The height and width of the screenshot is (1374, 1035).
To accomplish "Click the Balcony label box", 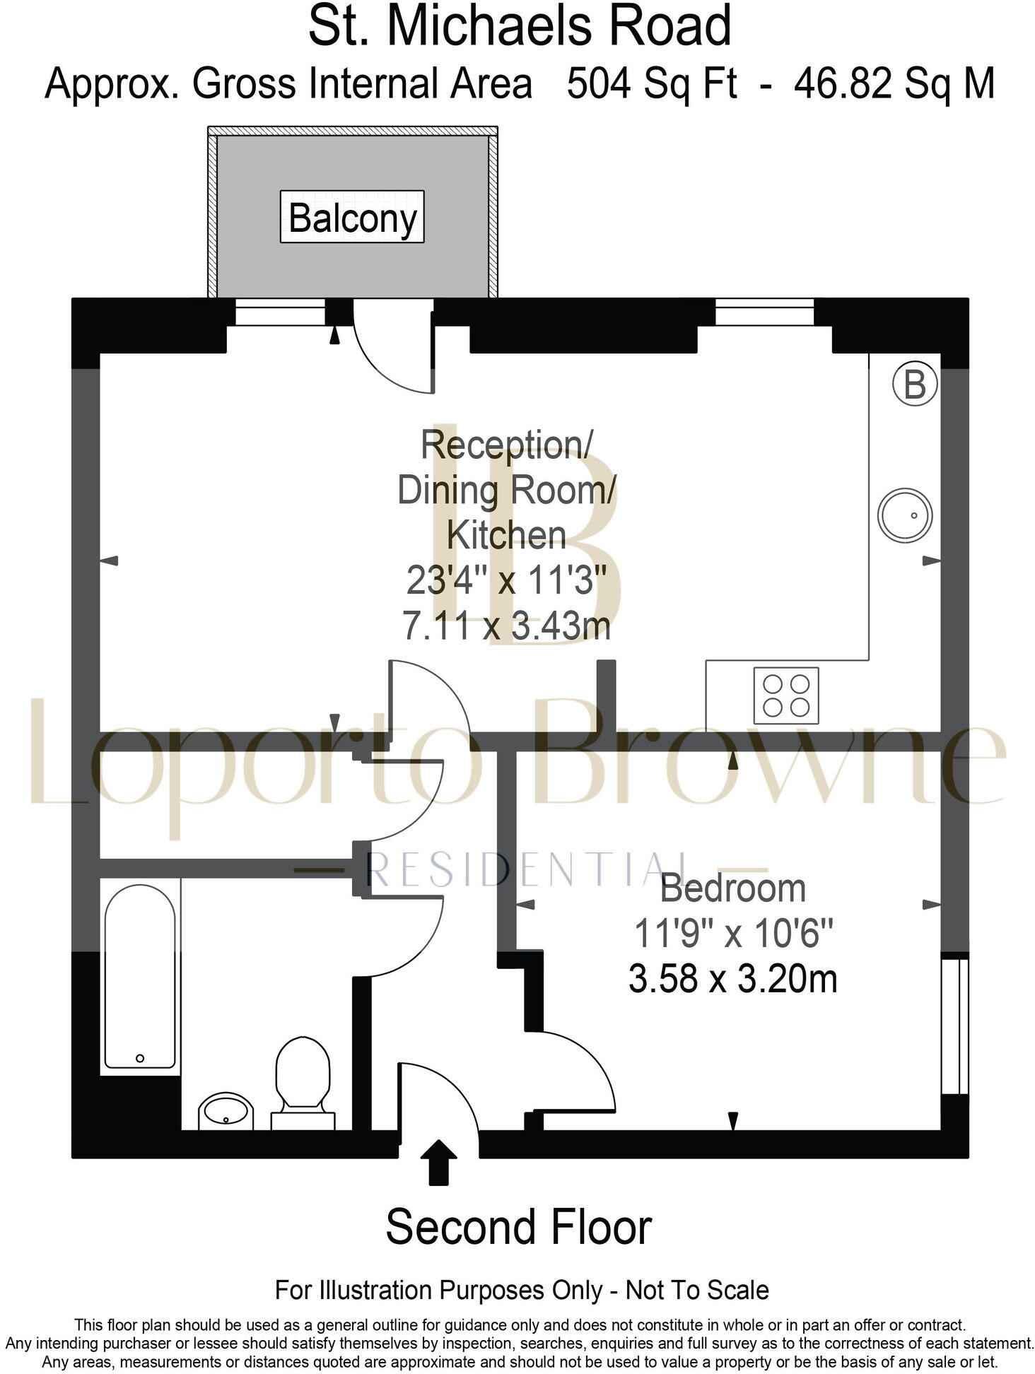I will (x=351, y=217).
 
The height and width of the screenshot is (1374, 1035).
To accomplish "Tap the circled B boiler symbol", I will (x=914, y=385).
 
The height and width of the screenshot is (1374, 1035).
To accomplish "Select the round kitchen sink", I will (x=904, y=515).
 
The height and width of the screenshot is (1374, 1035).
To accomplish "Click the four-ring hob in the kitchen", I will (x=785, y=695).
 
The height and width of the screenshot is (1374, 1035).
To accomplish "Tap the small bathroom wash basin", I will (x=225, y=1112).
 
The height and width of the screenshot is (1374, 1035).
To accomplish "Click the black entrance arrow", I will (x=439, y=1161).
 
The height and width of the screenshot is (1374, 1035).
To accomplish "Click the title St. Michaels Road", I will (x=520, y=26).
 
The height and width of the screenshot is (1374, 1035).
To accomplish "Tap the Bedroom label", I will (x=732, y=888).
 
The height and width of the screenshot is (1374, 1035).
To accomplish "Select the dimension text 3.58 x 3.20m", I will (x=732, y=979).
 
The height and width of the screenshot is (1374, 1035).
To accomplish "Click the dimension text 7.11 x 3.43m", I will (x=506, y=626).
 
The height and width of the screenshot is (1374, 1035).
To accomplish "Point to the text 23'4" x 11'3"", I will (x=506, y=581).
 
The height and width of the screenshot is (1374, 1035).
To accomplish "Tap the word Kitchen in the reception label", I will (x=506, y=536).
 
